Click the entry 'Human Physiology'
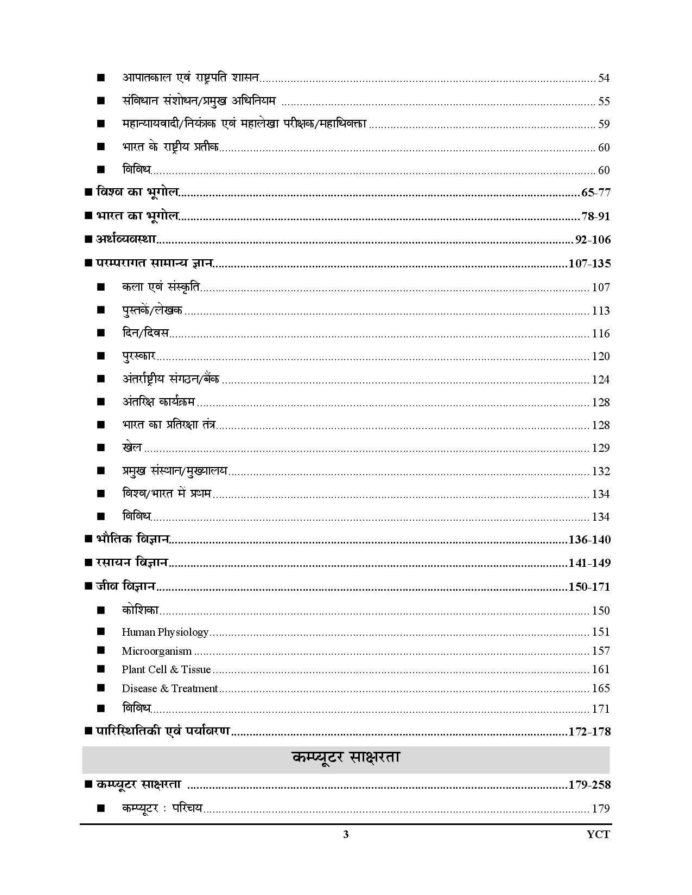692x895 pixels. pos(165,632)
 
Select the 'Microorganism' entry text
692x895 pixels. pos(156,651)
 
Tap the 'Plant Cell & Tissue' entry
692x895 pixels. pos(166,670)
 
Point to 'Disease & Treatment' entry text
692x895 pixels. pos(170,689)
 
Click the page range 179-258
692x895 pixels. pos(589,785)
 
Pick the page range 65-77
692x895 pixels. pos(595,193)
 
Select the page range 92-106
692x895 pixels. pos(593,240)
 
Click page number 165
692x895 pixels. pos(601,689)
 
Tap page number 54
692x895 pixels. pos(604,78)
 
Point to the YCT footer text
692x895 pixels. pos(598,835)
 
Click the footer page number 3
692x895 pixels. pos(346,835)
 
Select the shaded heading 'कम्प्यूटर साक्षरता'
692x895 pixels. pos(346,758)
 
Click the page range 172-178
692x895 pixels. pos(589,732)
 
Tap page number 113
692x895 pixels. pos(601,311)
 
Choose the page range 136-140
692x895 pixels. pos(589,540)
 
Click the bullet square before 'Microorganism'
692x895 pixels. pos(100,651)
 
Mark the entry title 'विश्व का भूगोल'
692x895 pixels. pos(138,193)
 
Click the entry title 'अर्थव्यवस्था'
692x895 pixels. pos(126,240)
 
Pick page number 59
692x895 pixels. pos(604,124)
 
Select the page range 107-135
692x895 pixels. pos(589,264)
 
